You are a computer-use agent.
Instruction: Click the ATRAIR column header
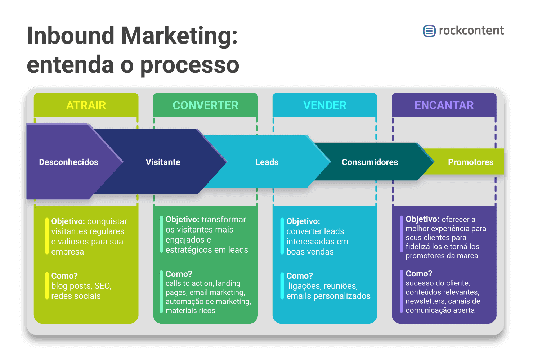(x=86, y=105)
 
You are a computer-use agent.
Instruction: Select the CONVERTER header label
(x=205, y=105)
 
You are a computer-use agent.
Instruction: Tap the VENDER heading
(x=324, y=105)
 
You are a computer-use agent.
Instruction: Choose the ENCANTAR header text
(x=444, y=105)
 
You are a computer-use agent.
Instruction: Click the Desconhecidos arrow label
(x=68, y=162)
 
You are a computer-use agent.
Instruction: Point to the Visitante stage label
(x=163, y=162)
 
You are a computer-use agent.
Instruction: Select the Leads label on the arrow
(x=267, y=162)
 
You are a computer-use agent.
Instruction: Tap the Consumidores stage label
(x=370, y=162)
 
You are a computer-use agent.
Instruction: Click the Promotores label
(x=471, y=162)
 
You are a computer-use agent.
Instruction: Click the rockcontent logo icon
(x=429, y=31)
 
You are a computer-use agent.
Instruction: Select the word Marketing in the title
(x=179, y=36)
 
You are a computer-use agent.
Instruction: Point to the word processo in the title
(x=189, y=65)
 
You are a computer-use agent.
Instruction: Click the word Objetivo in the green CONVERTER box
(x=182, y=220)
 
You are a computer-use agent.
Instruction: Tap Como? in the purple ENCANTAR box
(x=419, y=274)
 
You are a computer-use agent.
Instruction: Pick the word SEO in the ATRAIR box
(x=102, y=286)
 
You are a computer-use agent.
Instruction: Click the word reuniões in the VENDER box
(x=341, y=286)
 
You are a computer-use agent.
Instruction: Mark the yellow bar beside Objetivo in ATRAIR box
(x=47, y=236)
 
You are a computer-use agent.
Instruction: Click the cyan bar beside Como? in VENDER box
(x=282, y=286)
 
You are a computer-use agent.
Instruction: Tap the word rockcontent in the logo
(x=471, y=31)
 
